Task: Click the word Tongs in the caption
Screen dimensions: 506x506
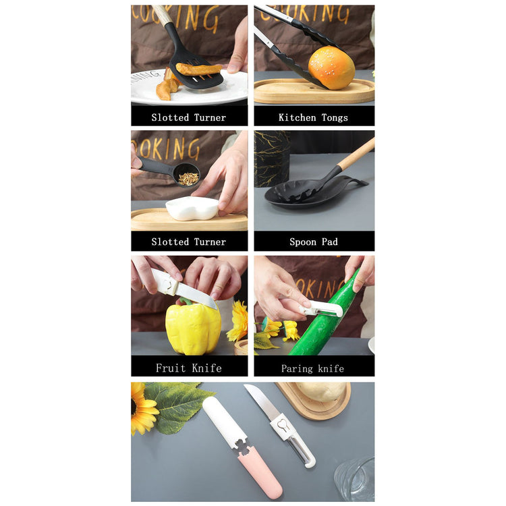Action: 335,118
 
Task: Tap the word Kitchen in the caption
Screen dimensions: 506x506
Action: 298,117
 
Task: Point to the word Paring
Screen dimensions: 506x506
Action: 297,368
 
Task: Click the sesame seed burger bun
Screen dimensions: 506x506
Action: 331,67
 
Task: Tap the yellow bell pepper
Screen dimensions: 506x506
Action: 193,327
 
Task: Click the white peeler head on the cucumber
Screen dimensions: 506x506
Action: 322,309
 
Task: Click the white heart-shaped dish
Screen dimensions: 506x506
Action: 192,208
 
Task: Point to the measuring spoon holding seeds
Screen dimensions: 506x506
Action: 169,171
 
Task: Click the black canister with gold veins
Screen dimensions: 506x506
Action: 272,159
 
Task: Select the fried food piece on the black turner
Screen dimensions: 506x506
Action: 198,69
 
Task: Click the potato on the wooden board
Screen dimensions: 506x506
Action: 321,391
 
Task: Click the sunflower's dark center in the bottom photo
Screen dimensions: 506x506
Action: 134,407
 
